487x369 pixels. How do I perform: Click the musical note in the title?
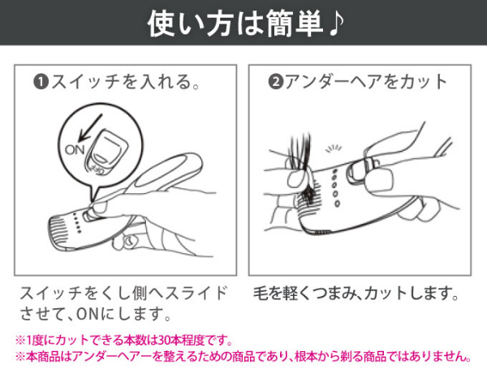coord(335,24)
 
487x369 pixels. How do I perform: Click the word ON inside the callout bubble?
coord(75,150)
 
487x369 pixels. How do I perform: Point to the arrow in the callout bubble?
coord(90,127)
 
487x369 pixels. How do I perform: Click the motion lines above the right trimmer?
coord(334,148)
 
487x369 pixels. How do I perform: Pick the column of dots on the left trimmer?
coord(77,223)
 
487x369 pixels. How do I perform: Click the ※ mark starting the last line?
coord(20,357)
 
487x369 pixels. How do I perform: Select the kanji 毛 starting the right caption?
coord(261,293)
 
